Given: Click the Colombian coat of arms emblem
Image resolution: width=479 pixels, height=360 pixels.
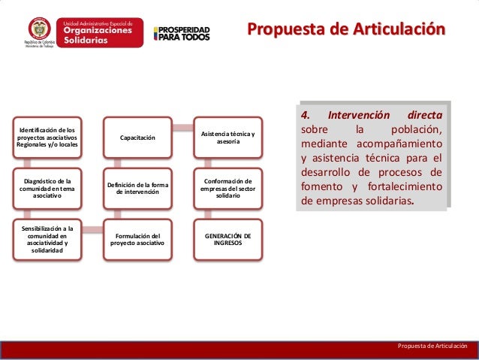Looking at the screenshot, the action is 40,29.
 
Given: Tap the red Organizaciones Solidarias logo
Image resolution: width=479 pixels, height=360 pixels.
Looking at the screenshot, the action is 100,32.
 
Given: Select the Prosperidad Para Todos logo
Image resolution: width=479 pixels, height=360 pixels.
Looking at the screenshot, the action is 182,34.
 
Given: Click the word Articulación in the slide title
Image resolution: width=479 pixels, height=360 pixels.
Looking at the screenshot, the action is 399,29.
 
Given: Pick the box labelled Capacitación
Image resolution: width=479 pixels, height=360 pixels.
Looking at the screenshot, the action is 137,138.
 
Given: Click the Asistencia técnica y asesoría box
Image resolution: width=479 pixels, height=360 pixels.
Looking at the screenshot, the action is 228,138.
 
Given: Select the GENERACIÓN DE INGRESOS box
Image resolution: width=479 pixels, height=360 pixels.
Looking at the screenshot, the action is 228,240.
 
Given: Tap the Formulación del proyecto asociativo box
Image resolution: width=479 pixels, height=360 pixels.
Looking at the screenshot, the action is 137,240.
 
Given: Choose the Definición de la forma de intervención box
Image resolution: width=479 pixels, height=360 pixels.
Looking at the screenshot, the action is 137,189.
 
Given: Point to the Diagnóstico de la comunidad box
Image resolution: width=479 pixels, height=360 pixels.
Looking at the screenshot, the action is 47,189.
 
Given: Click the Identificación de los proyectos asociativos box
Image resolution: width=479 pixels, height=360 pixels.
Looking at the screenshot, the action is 47,138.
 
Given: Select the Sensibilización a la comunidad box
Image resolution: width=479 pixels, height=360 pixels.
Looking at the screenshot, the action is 47,240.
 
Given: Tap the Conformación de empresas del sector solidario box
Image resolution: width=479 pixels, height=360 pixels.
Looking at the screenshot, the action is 228,189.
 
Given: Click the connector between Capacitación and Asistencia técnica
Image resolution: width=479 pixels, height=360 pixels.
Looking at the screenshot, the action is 183,128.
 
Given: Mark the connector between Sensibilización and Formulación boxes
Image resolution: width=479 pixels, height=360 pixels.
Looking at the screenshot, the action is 92,230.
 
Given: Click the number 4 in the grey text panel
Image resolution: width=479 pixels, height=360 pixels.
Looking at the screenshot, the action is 305,115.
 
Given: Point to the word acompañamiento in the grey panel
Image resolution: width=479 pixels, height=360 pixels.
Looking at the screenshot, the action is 399,144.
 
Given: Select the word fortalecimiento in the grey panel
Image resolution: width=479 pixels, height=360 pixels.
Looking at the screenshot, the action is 405,186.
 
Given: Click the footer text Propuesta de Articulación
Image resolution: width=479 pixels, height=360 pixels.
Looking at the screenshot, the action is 432,346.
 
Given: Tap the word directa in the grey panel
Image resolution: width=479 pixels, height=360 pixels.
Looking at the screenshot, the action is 425,115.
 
